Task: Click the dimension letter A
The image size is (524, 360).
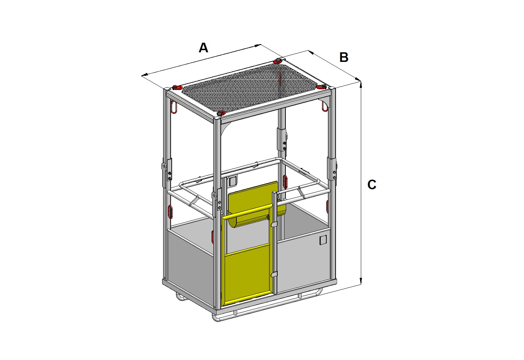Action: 203,48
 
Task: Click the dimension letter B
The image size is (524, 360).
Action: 344,57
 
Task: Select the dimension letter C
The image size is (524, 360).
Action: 372,185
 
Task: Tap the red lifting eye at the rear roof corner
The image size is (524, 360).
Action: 277,61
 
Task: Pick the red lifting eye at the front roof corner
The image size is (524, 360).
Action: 221,114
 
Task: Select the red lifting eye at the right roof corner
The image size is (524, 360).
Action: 322,87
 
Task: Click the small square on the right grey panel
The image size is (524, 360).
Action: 323,240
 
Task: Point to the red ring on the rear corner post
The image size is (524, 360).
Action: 285,181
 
